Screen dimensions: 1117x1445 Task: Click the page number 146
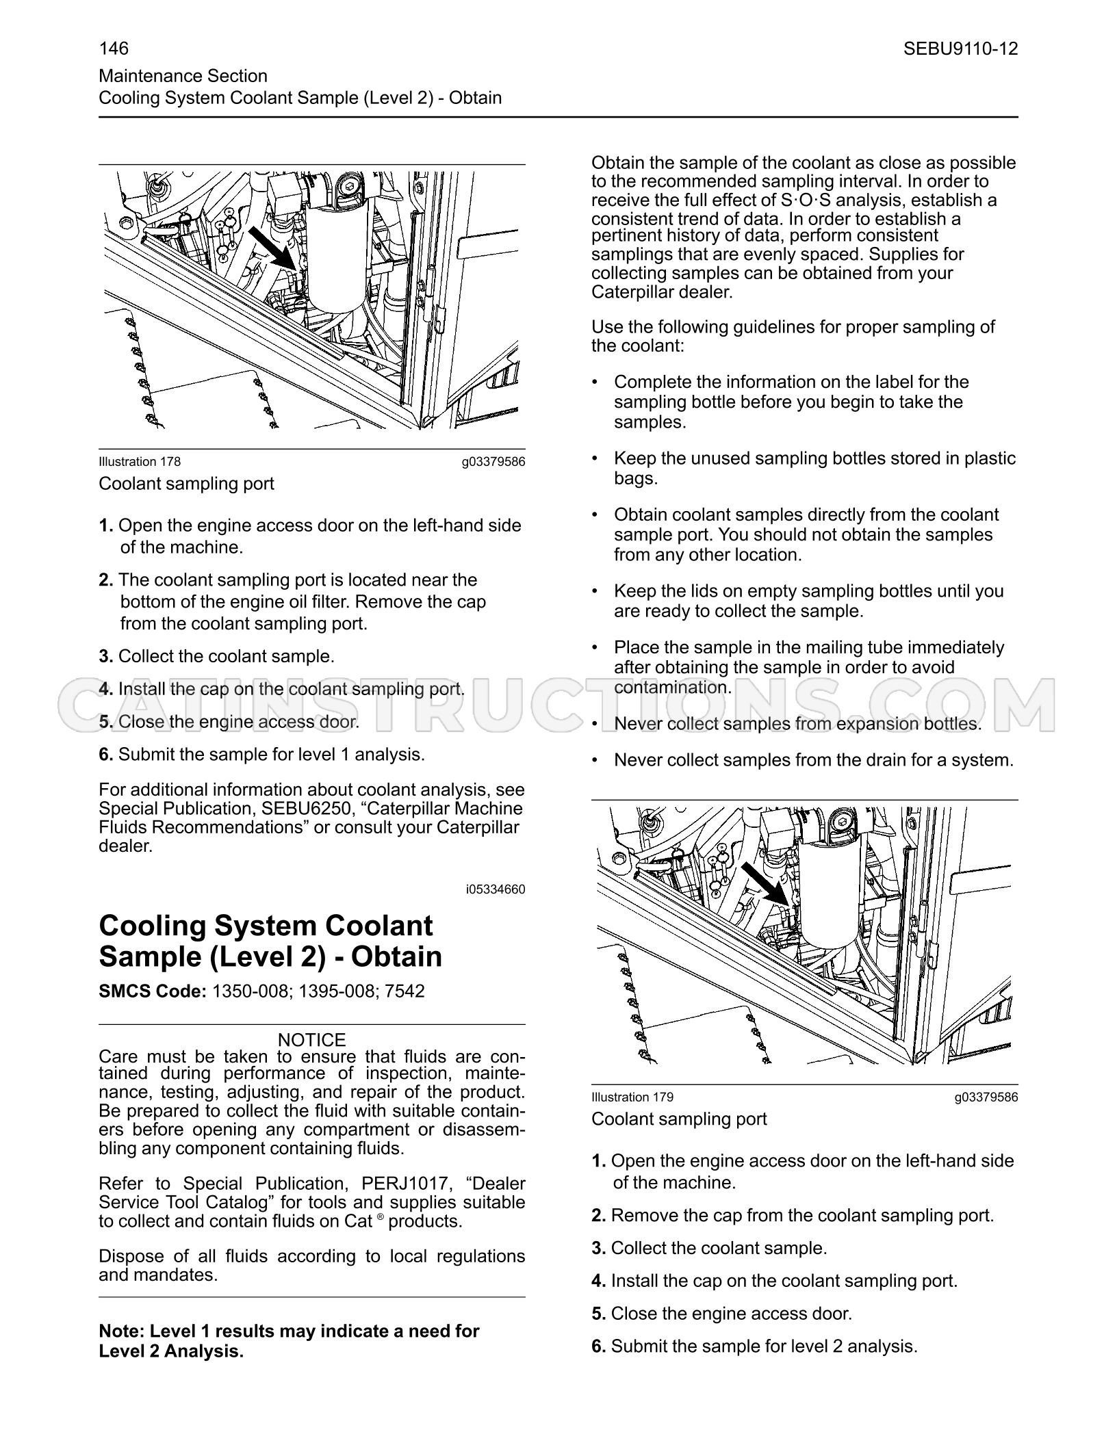(114, 49)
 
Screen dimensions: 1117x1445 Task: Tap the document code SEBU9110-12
(960, 49)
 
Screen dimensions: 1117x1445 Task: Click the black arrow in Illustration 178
(272, 250)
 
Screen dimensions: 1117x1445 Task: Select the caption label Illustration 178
(140, 462)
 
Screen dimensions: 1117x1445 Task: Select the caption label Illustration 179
(632, 1097)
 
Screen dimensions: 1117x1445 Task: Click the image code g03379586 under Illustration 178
(493, 462)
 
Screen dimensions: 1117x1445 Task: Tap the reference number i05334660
(496, 889)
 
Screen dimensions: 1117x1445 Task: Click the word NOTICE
(312, 1040)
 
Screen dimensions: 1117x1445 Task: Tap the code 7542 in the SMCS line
(404, 991)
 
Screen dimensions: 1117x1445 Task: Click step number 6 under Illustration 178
(105, 755)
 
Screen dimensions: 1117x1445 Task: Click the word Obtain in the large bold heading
(396, 956)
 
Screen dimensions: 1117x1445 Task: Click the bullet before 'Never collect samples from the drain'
(595, 760)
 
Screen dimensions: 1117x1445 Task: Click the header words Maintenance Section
(183, 76)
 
